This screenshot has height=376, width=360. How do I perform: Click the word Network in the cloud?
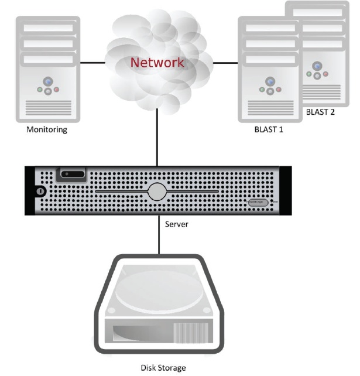tap(157, 62)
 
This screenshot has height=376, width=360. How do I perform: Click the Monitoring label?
tap(47, 130)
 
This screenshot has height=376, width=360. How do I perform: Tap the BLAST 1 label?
tap(270, 130)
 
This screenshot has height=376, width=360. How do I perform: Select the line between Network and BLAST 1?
tap(227, 61)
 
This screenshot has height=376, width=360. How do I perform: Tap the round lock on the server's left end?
tap(40, 191)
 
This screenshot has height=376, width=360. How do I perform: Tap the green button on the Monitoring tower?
tap(40, 90)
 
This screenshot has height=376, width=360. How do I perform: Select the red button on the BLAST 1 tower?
tap(279, 90)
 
